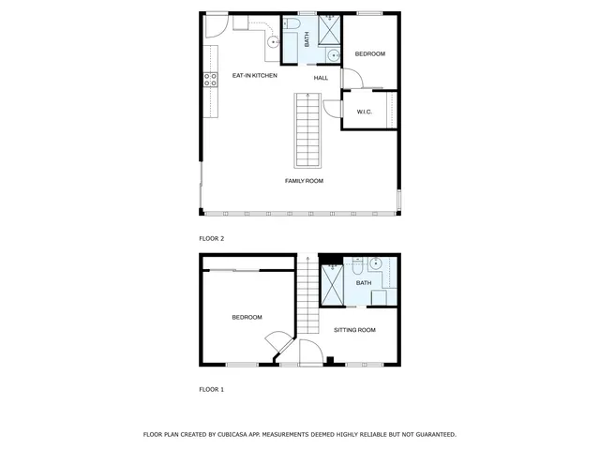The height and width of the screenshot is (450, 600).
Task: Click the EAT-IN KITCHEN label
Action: point(254,75)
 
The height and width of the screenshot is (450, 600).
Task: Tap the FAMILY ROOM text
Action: point(304,180)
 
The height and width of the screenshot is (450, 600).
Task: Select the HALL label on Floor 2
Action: point(321,78)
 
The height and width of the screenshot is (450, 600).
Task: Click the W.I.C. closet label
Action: point(365,112)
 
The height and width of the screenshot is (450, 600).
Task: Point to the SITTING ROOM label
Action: point(354,330)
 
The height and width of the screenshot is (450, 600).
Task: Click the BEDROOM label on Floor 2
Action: point(369,54)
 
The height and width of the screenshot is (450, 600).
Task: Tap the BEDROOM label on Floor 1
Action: point(247,318)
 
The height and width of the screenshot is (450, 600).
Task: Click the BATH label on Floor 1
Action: point(364,282)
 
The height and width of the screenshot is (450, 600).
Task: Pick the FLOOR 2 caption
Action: point(212,239)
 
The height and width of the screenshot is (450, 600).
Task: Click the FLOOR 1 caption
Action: point(212,389)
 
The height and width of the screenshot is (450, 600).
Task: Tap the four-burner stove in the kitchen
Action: point(211,80)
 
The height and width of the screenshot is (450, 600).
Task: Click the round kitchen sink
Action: point(274,41)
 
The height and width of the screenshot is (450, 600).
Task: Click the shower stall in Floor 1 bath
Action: point(333,283)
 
